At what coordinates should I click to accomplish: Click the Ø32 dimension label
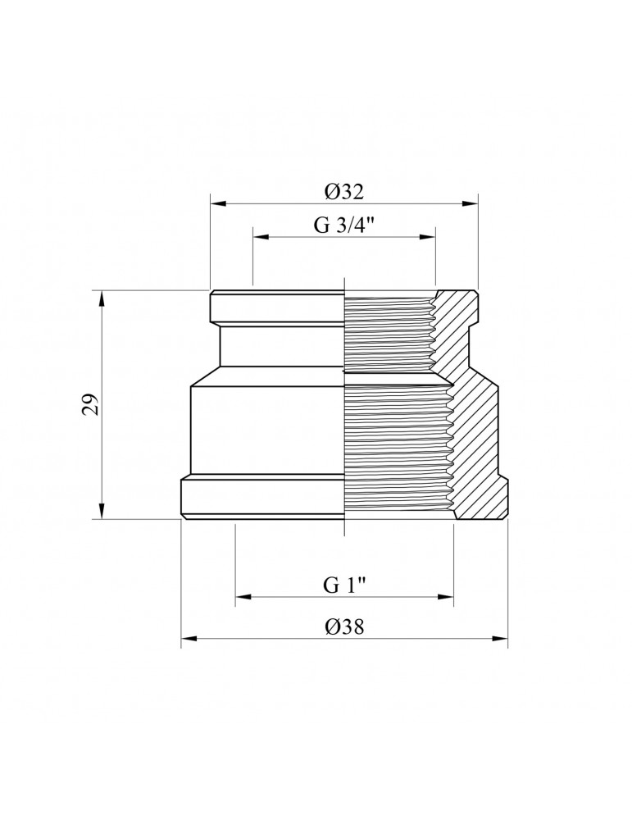tap(343, 193)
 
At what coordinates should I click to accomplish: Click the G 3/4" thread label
tap(343, 227)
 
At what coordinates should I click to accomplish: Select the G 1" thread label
tap(343, 585)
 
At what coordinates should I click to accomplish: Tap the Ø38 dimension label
tap(343, 626)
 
